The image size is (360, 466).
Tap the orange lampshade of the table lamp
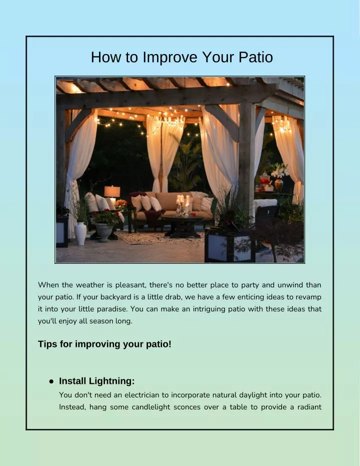pos(112,191)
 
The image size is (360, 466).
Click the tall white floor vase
pos(80,233)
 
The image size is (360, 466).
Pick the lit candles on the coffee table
pos(183,205)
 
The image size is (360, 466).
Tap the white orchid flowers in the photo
pos(279,171)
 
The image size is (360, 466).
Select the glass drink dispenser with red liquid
pos(265,181)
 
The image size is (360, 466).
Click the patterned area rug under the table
pos(160,238)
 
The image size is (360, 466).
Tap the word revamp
pos(308,297)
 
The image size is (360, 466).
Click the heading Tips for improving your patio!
pos(104,344)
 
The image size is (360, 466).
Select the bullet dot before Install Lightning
pos(51,381)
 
